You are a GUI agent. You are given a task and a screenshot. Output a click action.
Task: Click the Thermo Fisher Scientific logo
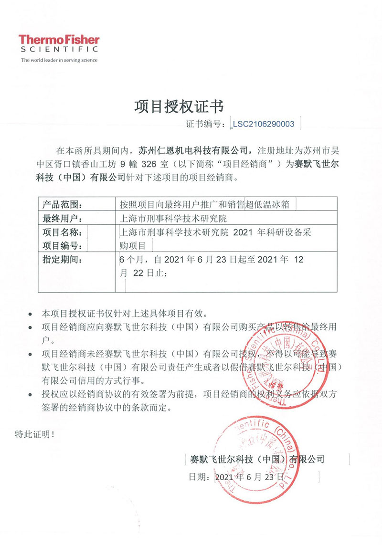point(59,43)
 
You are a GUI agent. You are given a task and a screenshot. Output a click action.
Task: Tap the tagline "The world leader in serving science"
point(59,60)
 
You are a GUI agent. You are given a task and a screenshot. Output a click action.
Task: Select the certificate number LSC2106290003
point(264,124)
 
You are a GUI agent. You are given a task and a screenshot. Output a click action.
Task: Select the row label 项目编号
point(63,246)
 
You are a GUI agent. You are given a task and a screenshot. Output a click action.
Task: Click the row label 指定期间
point(63,260)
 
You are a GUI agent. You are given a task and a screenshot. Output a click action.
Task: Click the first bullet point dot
point(31,315)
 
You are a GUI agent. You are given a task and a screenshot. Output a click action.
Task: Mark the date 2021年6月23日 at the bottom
point(250,477)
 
